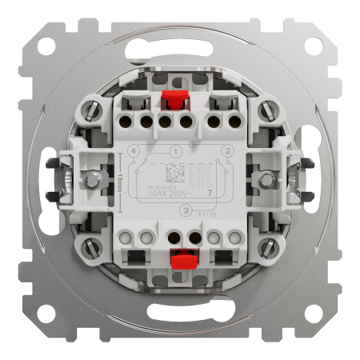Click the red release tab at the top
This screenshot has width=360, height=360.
[x=170, y=101]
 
